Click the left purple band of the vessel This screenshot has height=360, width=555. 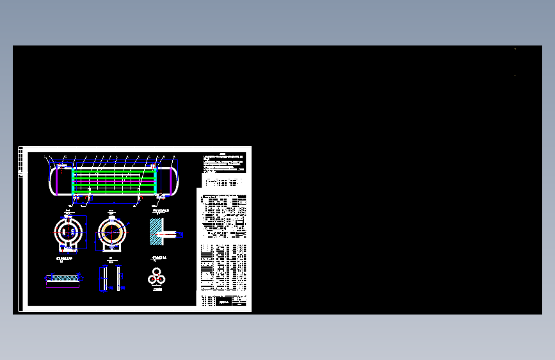(x=57, y=181)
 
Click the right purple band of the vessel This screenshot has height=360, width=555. (x=171, y=181)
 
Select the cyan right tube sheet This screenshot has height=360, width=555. (x=156, y=179)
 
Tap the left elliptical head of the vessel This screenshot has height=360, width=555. (x=52, y=181)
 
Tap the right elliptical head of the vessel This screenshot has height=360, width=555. (x=175, y=181)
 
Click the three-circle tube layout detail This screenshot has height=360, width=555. (x=156, y=277)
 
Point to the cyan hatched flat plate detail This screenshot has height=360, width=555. (x=62, y=277)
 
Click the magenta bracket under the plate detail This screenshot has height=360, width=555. (x=62, y=284)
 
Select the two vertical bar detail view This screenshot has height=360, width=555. (x=111, y=279)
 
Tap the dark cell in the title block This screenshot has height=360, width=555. (x=223, y=302)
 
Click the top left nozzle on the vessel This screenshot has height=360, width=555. (x=59, y=165)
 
